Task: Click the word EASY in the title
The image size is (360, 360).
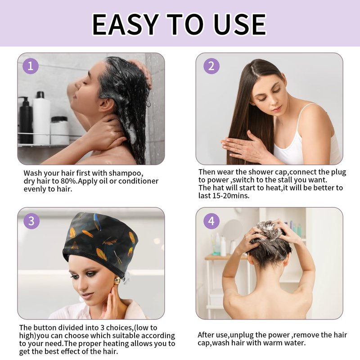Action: click(x=126, y=24)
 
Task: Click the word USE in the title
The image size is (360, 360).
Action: click(x=240, y=24)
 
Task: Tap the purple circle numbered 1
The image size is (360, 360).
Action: click(x=31, y=66)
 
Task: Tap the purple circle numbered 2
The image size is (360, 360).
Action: click(x=211, y=66)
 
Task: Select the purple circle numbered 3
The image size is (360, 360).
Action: click(x=31, y=221)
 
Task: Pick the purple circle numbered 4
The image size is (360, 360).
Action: click(x=211, y=221)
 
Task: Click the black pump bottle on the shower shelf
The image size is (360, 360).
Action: click(x=26, y=120)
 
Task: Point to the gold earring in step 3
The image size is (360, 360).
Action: click(x=117, y=281)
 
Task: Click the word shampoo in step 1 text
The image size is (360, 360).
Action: click(x=126, y=173)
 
